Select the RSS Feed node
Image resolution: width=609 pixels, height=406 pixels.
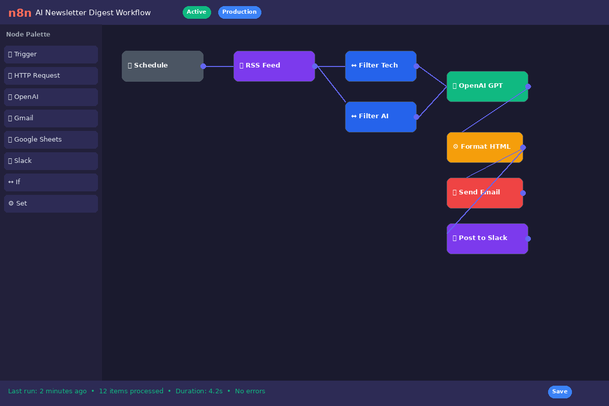pyautogui.click(x=274, y=66)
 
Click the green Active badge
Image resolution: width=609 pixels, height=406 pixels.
pyautogui.click(x=196, y=12)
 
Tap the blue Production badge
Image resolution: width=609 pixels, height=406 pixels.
pyautogui.click(x=240, y=12)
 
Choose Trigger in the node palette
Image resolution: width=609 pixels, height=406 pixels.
pyautogui.click(x=51, y=54)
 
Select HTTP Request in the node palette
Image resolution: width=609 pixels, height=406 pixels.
pyautogui.click(x=51, y=76)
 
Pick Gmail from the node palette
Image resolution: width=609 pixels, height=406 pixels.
pyautogui.click(x=51, y=118)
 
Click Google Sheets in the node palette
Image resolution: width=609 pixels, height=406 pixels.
pyautogui.click(x=51, y=140)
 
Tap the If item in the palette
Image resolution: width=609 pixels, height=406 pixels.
pyautogui.click(x=51, y=182)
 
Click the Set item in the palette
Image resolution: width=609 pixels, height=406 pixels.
pyautogui.click(x=51, y=204)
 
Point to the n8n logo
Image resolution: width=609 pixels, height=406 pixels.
pyautogui.click(x=20, y=13)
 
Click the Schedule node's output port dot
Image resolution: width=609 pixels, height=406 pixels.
pyautogui.click(x=203, y=66)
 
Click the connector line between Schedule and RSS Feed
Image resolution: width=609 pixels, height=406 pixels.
pyautogui.click(x=219, y=66)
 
